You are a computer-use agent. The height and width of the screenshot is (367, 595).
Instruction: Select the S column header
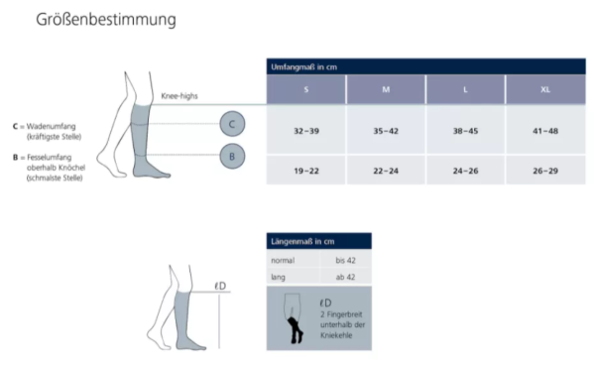pos(305,89)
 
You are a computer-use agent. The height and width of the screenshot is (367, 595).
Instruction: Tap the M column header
pos(386,89)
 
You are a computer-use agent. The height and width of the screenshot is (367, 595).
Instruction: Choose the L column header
pos(465,89)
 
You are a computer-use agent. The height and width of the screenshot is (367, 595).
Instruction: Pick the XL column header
pos(544,89)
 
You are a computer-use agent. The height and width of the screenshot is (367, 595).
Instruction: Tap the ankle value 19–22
pos(305,170)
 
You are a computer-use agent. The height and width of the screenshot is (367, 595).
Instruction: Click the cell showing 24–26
pos(465,170)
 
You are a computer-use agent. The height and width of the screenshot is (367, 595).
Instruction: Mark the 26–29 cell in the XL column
pos(544,170)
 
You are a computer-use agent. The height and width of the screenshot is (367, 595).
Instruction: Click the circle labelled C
pos(231,124)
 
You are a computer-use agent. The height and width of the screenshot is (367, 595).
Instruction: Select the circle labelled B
pos(231,156)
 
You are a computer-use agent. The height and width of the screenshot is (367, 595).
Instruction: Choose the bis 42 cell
pos(346,260)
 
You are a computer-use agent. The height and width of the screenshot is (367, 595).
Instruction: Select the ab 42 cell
pos(346,277)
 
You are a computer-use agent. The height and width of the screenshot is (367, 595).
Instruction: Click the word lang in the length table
pos(279,277)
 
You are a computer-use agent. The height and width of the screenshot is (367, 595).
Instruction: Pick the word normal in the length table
pos(283,260)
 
